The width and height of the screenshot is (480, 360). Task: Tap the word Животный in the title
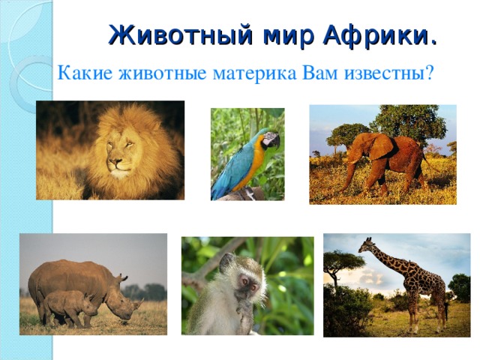click(180, 34)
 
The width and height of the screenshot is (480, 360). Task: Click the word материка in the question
click(254, 73)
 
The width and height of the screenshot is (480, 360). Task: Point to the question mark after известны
click(428, 72)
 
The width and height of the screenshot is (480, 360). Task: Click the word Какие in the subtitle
click(85, 73)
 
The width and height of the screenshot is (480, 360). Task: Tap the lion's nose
click(115, 160)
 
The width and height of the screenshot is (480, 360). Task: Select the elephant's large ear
click(381, 146)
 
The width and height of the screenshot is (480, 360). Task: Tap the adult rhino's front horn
click(138, 303)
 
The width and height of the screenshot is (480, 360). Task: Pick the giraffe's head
click(367, 245)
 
